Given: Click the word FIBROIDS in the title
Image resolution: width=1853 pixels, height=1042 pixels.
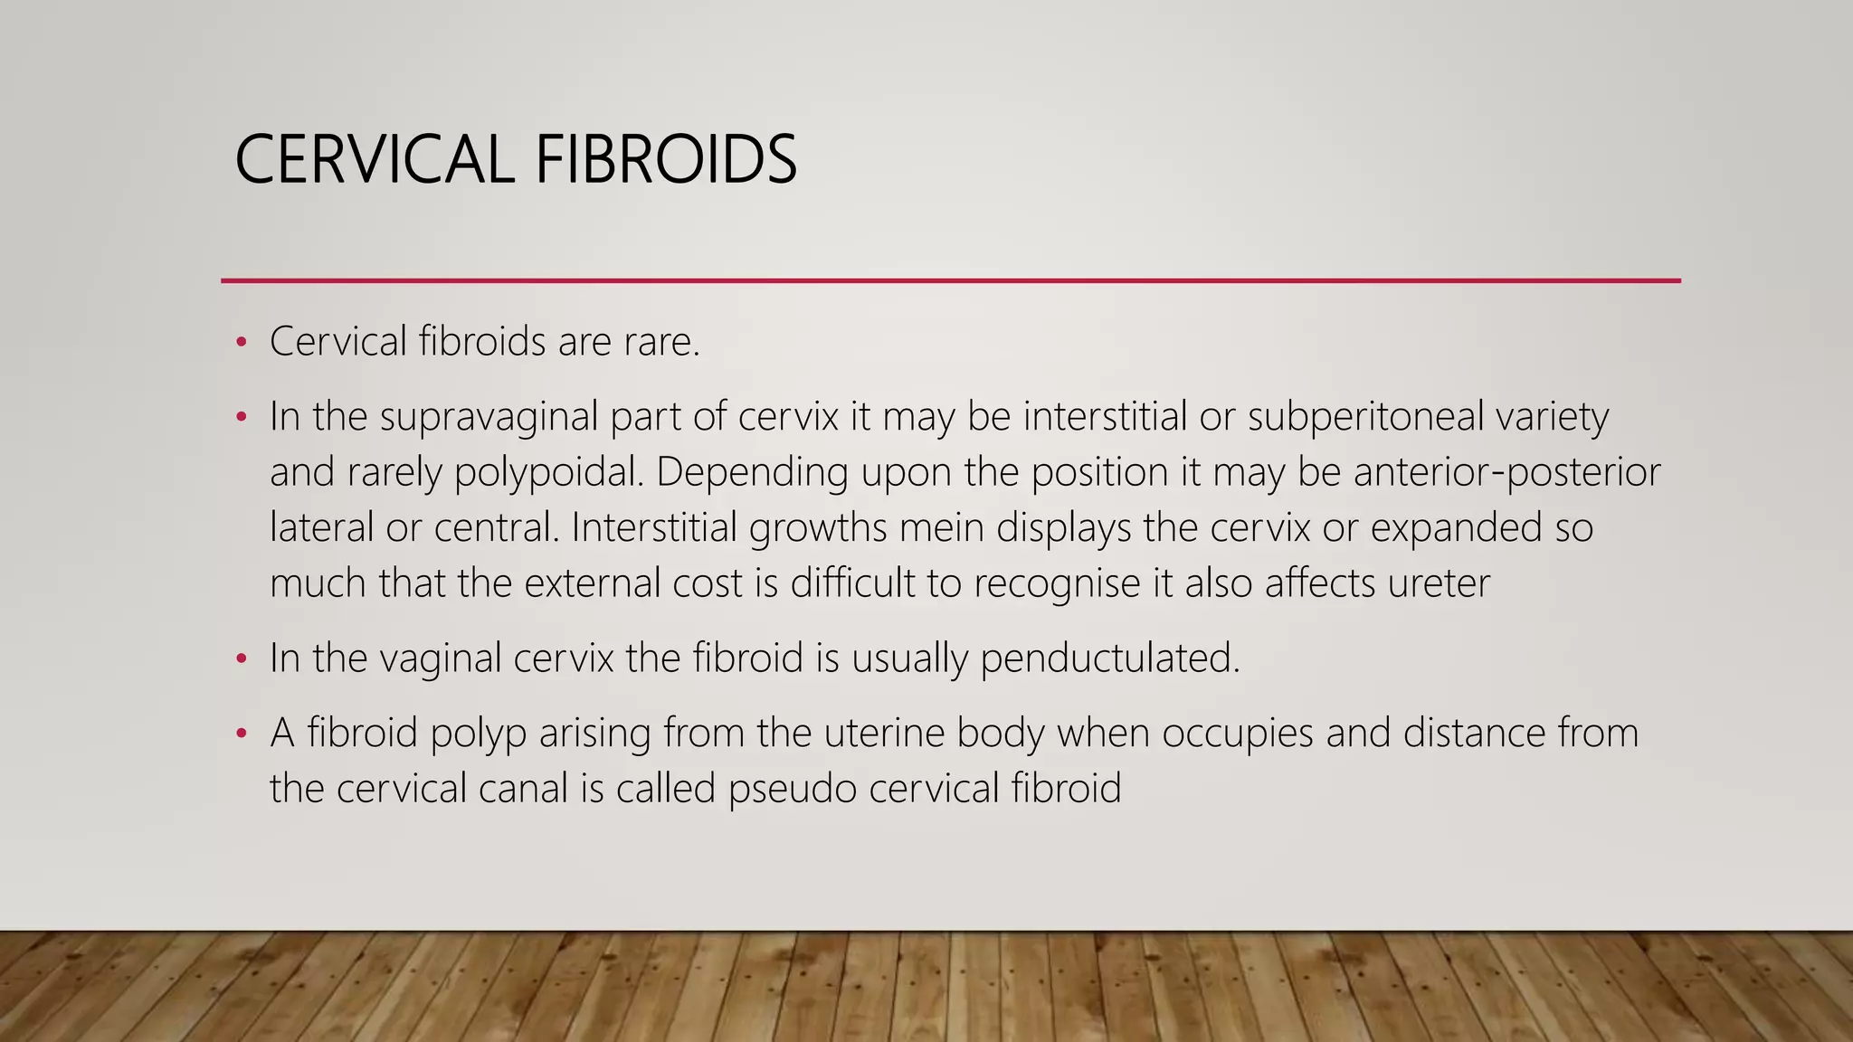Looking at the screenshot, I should tap(665, 159).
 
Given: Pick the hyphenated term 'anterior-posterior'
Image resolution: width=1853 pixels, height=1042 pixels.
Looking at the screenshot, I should tap(1506, 472).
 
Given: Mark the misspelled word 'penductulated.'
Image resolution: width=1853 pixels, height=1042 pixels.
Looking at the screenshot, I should tap(1109, 658).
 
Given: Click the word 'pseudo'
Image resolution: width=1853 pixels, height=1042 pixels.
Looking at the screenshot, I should tap(792, 789).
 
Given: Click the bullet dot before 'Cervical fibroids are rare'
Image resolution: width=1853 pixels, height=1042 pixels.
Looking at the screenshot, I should tap(241, 343).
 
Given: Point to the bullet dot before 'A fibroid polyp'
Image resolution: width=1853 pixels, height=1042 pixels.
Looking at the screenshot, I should tap(241, 734).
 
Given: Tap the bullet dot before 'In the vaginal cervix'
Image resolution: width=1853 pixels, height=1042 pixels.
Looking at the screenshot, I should tap(241, 658).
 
